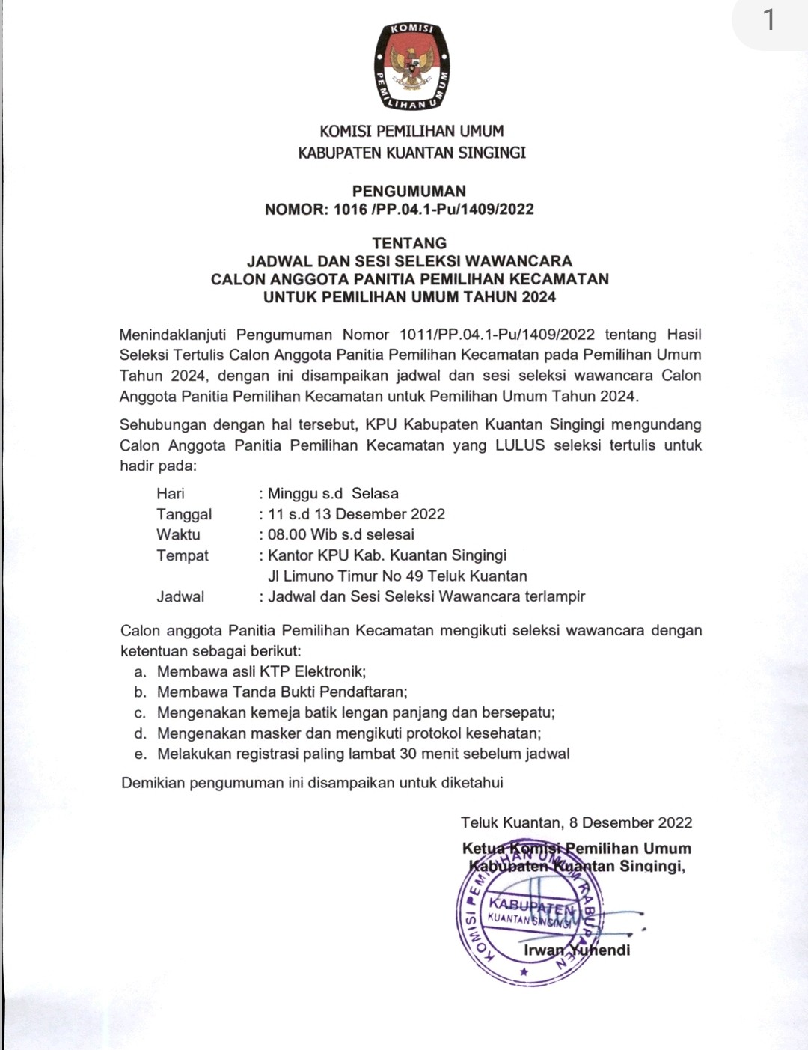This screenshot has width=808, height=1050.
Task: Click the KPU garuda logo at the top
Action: click(412, 66)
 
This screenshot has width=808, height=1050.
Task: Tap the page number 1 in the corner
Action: click(769, 20)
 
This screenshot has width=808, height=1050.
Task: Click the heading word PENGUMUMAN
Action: click(408, 191)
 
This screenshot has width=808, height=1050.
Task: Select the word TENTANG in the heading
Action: click(409, 243)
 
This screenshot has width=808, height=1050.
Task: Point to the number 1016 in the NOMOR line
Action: click(350, 210)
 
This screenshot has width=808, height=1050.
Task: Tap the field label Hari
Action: click(171, 493)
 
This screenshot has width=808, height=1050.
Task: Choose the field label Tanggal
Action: click(184, 514)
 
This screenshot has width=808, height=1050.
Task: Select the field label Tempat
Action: click(183, 555)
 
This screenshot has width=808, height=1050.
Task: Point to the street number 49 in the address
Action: click(414, 576)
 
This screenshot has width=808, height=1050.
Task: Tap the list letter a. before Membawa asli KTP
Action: click(141, 672)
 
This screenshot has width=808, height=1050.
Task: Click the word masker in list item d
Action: click(275, 733)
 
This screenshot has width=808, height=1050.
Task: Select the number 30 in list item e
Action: click(408, 754)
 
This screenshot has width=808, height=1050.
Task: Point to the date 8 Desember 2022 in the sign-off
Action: click(631, 822)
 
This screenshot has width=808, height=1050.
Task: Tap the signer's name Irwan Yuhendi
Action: click(577, 950)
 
